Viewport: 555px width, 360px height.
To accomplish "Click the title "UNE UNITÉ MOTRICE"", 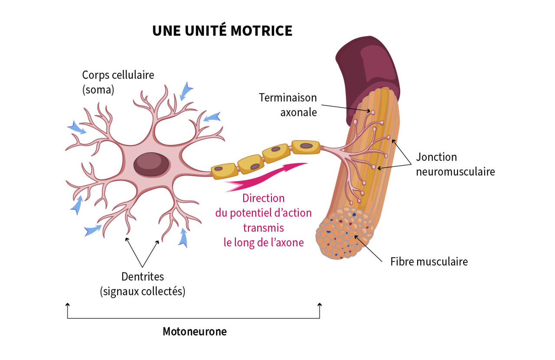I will [222, 31].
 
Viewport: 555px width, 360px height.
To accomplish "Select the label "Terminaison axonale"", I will [288, 105].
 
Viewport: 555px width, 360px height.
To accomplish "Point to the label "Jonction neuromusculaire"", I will [455, 164].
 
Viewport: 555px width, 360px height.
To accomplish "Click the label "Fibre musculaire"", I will [429, 262].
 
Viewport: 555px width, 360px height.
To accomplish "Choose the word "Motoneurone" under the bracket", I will [195, 332].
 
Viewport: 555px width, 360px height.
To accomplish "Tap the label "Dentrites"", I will [143, 276].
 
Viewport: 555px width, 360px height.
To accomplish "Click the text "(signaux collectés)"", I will [143, 291].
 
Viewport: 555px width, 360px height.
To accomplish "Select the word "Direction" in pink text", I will [264, 198].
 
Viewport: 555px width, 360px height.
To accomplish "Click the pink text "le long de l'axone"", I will [264, 242].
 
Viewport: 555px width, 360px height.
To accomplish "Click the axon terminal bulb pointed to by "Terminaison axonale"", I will [372, 112].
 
